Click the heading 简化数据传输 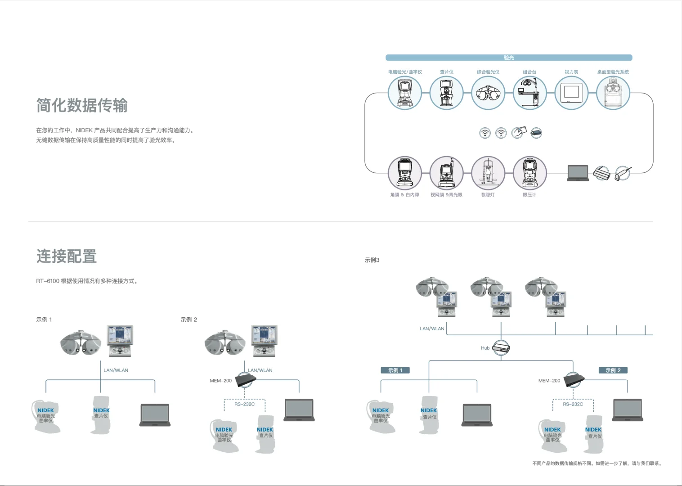pos(82,105)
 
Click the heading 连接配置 pos(67,256)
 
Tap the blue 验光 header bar pos(509,58)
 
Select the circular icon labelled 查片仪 pos(446,93)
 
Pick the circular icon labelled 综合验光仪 pos(488,93)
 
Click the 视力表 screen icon pos(571,93)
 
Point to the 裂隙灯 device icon pos(488,173)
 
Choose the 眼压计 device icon pos(529,173)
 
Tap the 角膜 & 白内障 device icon pos(404,173)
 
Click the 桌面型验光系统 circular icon pos(613,93)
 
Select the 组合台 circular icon pos(529,93)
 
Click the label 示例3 pos(372,260)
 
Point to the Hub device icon pos(501,348)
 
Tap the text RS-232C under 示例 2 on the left pos(244,404)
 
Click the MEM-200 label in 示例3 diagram pos(549,381)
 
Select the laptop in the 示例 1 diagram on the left pos(155,415)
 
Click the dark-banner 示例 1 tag pos(395,370)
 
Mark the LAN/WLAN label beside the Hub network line pos(432,328)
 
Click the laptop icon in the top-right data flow pos(578,173)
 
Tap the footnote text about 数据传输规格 pos(597,463)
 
